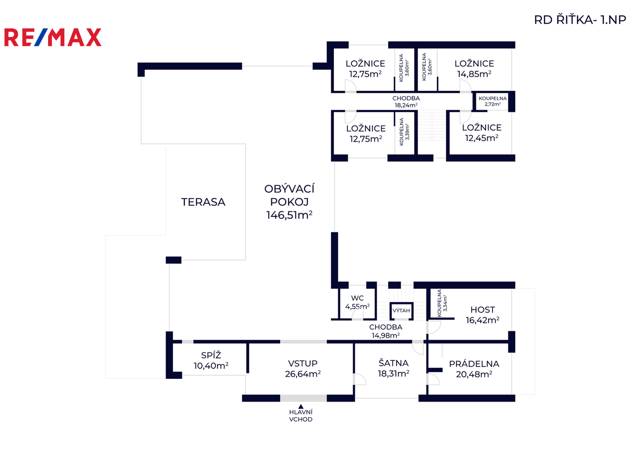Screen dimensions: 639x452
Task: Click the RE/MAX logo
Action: (x=53, y=37)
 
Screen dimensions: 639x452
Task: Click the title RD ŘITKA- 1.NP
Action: (x=580, y=20)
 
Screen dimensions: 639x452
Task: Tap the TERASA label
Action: (x=203, y=202)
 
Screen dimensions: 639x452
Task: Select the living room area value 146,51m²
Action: (x=289, y=215)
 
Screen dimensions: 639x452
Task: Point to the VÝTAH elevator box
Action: (x=401, y=311)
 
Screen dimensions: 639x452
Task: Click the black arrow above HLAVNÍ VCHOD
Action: (x=300, y=406)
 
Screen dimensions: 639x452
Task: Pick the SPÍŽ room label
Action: (x=211, y=355)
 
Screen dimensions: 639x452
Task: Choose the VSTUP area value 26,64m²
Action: (x=303, y=374)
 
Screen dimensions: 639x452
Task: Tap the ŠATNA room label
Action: (x=393, y=363)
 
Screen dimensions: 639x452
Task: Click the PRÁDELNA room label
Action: (x=474, y=364)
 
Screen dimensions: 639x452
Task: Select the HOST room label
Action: (x=483, y=310)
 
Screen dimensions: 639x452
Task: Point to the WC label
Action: (x=357, y=298)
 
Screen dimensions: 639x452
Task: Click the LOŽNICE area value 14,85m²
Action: (x=474, y=74)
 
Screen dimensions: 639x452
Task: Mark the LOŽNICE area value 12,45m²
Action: (x=482, y=138)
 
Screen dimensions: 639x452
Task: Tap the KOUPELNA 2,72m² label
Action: (x=493, y=101)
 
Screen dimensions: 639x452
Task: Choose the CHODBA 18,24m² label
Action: (x=406, y=102)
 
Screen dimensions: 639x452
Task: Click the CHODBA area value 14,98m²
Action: (x=386, y=335)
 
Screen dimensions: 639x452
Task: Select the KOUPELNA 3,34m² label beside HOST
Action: (x=442, y=303)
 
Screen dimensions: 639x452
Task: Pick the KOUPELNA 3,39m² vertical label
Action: (x=404, y=132)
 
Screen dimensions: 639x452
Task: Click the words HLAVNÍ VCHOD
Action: (x=300, y=416)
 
